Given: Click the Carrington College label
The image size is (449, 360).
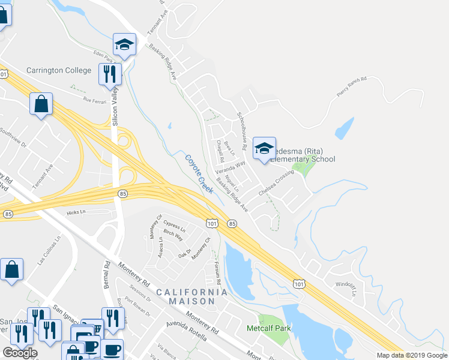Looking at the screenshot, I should [x=58, y=70].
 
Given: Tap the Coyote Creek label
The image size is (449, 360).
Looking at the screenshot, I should [x=199, y=174].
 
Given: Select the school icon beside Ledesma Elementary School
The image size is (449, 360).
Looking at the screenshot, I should [x=264, y=149].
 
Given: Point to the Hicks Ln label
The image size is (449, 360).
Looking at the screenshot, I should [x=76, y=212].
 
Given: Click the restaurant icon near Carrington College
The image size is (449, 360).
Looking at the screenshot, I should [x=110, y=74].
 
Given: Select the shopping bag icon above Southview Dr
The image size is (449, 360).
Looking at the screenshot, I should [x=41, y=104].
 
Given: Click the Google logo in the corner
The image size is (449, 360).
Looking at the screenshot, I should [x=20, y=353].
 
